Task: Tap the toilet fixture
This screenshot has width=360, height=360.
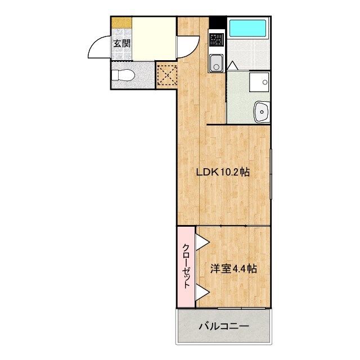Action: click(x=124, y=75)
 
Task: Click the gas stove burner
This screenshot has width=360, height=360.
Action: click(x=216, y=40)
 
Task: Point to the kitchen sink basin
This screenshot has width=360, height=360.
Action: click(x=216, y=64)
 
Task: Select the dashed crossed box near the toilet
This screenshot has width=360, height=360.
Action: click(x=166, y=75)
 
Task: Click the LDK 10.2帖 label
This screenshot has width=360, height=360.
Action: click(x=223, y=173)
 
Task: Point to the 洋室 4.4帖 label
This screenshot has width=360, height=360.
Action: click(x=233, y=269)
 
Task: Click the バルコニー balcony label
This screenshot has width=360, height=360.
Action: click(x=223, y=326)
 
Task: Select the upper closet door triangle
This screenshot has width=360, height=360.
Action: click(x=202, y=242)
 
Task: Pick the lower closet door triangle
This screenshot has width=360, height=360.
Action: click(x=202, y=292)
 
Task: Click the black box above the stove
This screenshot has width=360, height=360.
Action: click(x=217, y=22)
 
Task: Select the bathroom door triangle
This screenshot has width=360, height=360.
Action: click(x=232, y=66)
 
